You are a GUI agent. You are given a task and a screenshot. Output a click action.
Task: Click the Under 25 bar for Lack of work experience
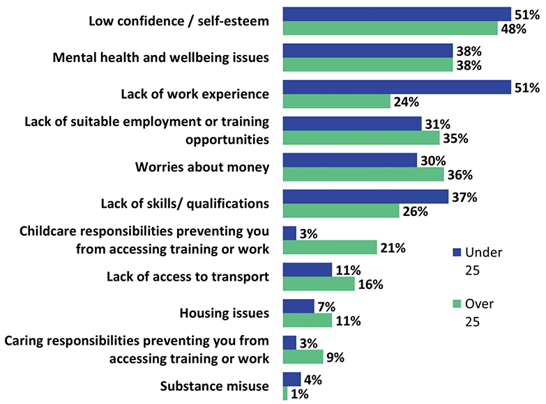tap(397, 87)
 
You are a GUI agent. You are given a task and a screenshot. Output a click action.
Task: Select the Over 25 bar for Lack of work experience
tap(336, 101)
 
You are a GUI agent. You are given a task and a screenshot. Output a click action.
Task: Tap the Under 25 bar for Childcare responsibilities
tap(289, 233)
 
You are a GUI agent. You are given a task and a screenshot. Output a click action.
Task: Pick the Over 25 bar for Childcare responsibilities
tap(330, 247)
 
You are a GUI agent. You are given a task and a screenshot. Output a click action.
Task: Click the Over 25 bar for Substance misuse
tap(285, 394)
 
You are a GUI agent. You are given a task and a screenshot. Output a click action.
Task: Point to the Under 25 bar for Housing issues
tap(298, 306)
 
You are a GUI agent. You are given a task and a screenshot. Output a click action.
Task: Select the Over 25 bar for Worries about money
tap(363, 174)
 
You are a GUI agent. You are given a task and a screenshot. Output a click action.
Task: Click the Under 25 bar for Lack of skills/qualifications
tap(365, 196)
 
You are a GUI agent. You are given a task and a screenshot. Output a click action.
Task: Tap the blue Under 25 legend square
tap(457, 252)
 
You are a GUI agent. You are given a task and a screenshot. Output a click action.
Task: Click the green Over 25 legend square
tap(457, 304)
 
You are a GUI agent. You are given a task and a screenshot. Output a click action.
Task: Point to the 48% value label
tap(514, 29)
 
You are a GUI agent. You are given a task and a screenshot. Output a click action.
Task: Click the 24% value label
tap(407, 102)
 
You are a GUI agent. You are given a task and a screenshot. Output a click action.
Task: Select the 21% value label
tap(393, 248)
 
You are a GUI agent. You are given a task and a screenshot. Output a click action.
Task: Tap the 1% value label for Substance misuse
tap(300, 394)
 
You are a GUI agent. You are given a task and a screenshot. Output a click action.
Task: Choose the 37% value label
tap(464, 198)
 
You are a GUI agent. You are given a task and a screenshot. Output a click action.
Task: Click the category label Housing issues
tap(225, 313)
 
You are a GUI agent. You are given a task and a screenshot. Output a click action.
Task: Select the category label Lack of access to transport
tap(188, 277)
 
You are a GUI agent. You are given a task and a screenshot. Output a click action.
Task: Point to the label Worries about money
tap(202, 167)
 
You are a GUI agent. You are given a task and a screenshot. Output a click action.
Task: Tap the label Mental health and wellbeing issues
tap(161, 57)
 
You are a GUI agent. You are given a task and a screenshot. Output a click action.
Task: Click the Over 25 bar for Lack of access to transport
tap(319, 283)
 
